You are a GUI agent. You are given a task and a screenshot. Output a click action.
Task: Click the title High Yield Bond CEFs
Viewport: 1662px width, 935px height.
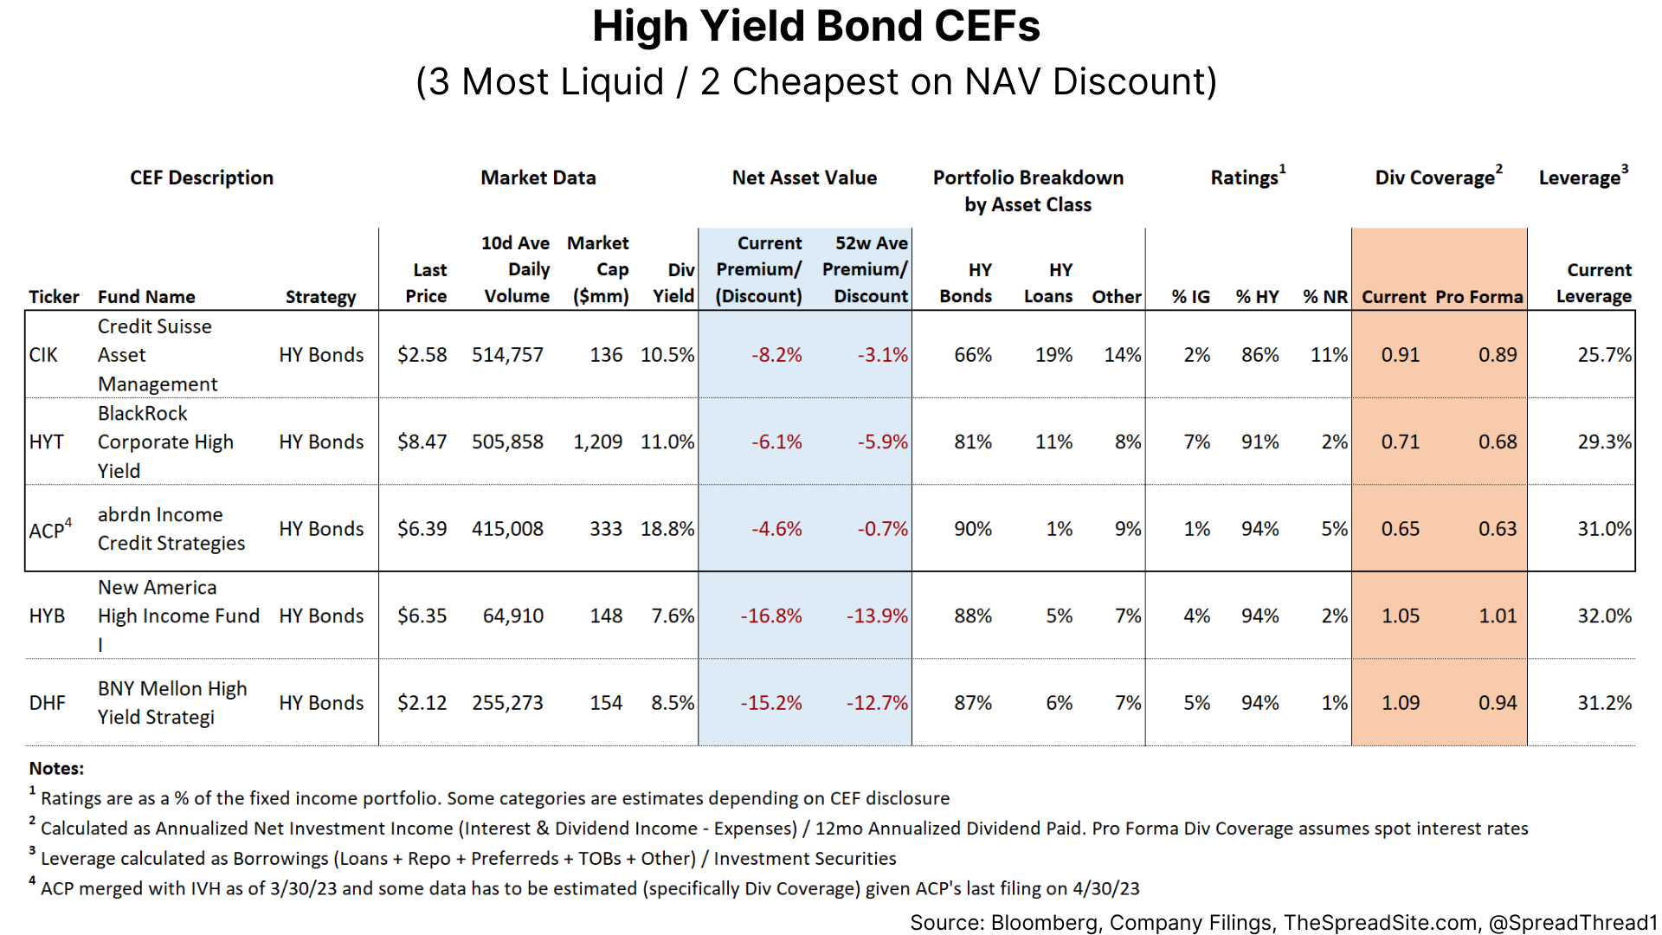(815, 27)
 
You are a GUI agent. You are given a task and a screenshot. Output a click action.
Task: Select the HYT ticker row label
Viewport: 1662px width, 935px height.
(46, 442)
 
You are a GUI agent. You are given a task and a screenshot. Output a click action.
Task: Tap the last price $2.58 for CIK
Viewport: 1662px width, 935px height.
(422, 355)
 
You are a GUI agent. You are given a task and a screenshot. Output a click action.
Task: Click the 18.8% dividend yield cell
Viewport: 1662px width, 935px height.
(667, 529)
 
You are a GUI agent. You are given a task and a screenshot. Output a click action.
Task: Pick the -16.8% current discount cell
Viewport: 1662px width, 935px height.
(770, 616)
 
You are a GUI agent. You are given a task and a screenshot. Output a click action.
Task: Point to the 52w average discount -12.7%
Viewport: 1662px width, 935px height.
(876, 703)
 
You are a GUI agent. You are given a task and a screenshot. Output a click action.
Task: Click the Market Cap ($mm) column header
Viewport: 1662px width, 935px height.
(600, 269)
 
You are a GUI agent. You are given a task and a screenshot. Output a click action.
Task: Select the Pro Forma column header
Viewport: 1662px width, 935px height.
(1478, 297)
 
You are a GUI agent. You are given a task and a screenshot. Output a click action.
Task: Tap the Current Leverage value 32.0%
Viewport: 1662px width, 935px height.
(1603, 616)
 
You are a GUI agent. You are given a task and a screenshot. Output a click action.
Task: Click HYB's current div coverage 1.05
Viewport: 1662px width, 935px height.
(1400, 616)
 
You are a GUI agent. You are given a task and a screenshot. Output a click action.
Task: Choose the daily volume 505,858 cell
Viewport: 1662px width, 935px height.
(507, 442)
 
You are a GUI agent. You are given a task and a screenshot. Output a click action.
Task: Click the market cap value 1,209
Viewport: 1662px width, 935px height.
(597, 442)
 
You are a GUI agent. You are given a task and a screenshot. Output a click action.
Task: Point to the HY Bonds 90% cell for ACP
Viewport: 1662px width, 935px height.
(972, 529)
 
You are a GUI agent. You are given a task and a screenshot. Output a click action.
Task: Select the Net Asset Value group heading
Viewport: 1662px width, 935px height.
(804, 177)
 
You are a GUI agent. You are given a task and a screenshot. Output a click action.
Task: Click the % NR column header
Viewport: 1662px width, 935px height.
(1324, 297)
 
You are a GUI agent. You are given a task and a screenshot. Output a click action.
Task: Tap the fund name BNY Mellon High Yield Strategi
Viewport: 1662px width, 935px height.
(171, 702)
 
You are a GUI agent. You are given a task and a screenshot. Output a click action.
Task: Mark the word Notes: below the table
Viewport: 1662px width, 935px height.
(56, 768)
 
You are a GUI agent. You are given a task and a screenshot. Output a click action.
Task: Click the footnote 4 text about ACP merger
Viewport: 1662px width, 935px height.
(589, 888)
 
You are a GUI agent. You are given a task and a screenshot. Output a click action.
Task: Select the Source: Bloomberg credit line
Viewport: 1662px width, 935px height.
(1282, 923)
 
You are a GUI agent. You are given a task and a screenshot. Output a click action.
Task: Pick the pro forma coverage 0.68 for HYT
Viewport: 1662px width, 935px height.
(1497, 442)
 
